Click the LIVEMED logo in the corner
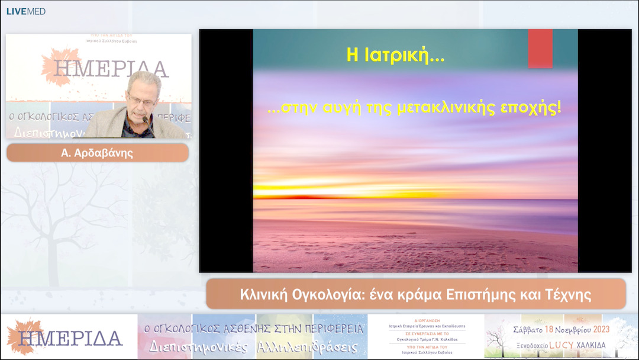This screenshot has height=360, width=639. click(25, 11)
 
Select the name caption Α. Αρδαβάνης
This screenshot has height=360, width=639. click(98, 153)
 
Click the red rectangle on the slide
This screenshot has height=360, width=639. click(540, 49)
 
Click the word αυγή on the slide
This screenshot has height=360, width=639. click(338, 108)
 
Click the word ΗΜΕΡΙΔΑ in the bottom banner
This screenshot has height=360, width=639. click(70, 337)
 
